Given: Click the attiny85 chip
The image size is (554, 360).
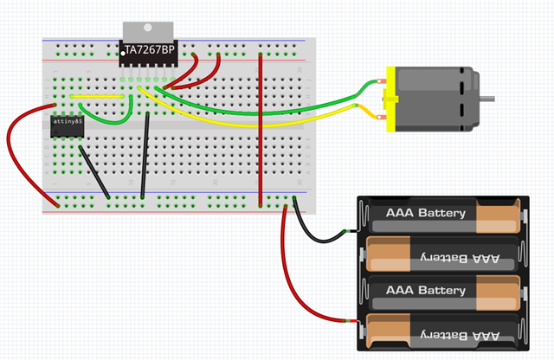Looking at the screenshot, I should [x=66, y=125].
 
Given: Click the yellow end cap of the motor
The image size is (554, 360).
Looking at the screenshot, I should [x=390, y=99].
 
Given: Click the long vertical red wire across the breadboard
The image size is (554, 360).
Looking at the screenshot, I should [x=261, y=130].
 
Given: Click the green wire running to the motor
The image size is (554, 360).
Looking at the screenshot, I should [x=286, y=109].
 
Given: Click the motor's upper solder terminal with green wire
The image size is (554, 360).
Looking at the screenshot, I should [x=381, y=83].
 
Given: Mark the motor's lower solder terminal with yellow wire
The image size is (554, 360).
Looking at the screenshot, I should [x=381, y=114].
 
